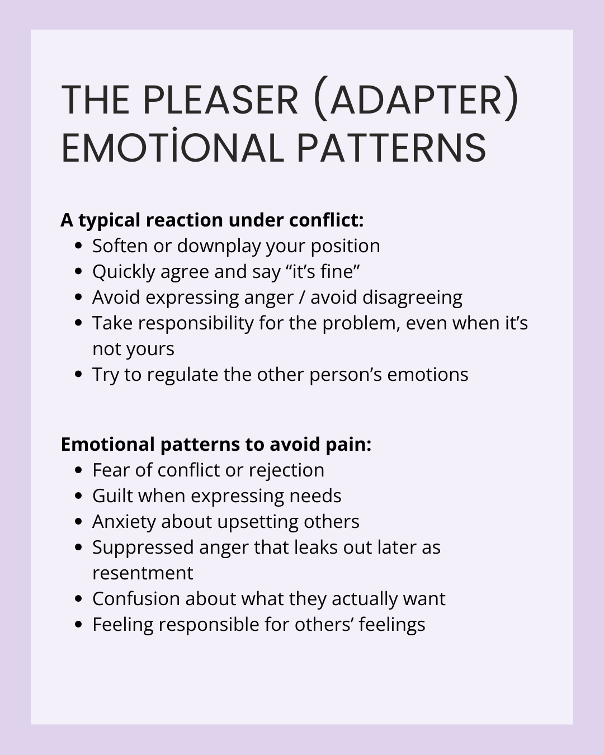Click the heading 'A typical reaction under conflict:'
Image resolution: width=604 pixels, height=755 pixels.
coord(212,220)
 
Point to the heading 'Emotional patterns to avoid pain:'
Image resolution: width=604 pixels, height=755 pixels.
coord(216,445)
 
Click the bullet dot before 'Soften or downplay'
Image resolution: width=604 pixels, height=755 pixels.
coord(79,246)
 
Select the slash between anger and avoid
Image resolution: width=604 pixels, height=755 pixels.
coord(302,298)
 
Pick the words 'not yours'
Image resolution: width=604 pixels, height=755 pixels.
coord(133,349)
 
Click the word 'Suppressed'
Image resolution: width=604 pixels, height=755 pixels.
coord(143,548)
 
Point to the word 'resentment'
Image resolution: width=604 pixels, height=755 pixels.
coord(143,573)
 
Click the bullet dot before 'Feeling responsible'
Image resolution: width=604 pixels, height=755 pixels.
coord(79,625)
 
